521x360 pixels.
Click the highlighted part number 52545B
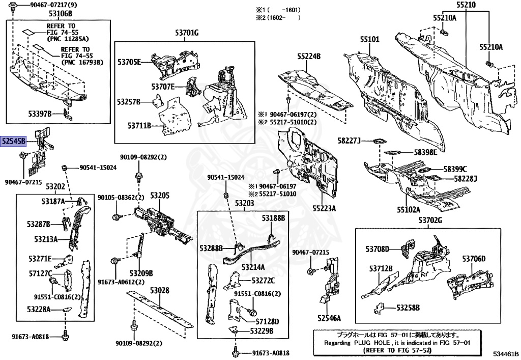(13, 142)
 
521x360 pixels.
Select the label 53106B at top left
(61, 14)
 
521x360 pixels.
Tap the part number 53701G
(184, 34)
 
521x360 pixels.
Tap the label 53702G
(430, 220)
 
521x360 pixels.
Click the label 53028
(159, 290)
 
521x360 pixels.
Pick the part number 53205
(159, 196)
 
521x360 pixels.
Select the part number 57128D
(267, 321)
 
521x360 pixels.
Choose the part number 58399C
(455, 169)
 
